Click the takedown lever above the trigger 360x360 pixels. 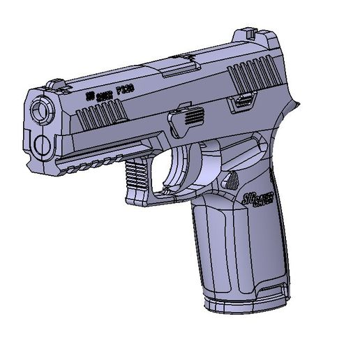[186, 116]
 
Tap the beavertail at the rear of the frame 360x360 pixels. [293, 112]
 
